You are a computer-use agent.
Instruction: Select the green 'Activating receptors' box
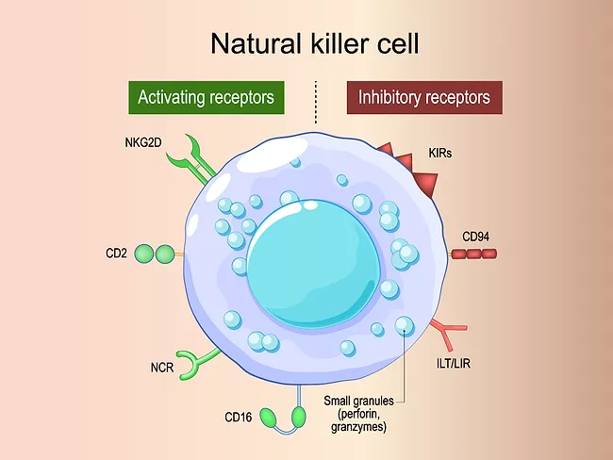tap(206, 97)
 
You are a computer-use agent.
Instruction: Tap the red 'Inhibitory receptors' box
tap(423, 97)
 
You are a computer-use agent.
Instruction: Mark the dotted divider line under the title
tap(315, 102)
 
